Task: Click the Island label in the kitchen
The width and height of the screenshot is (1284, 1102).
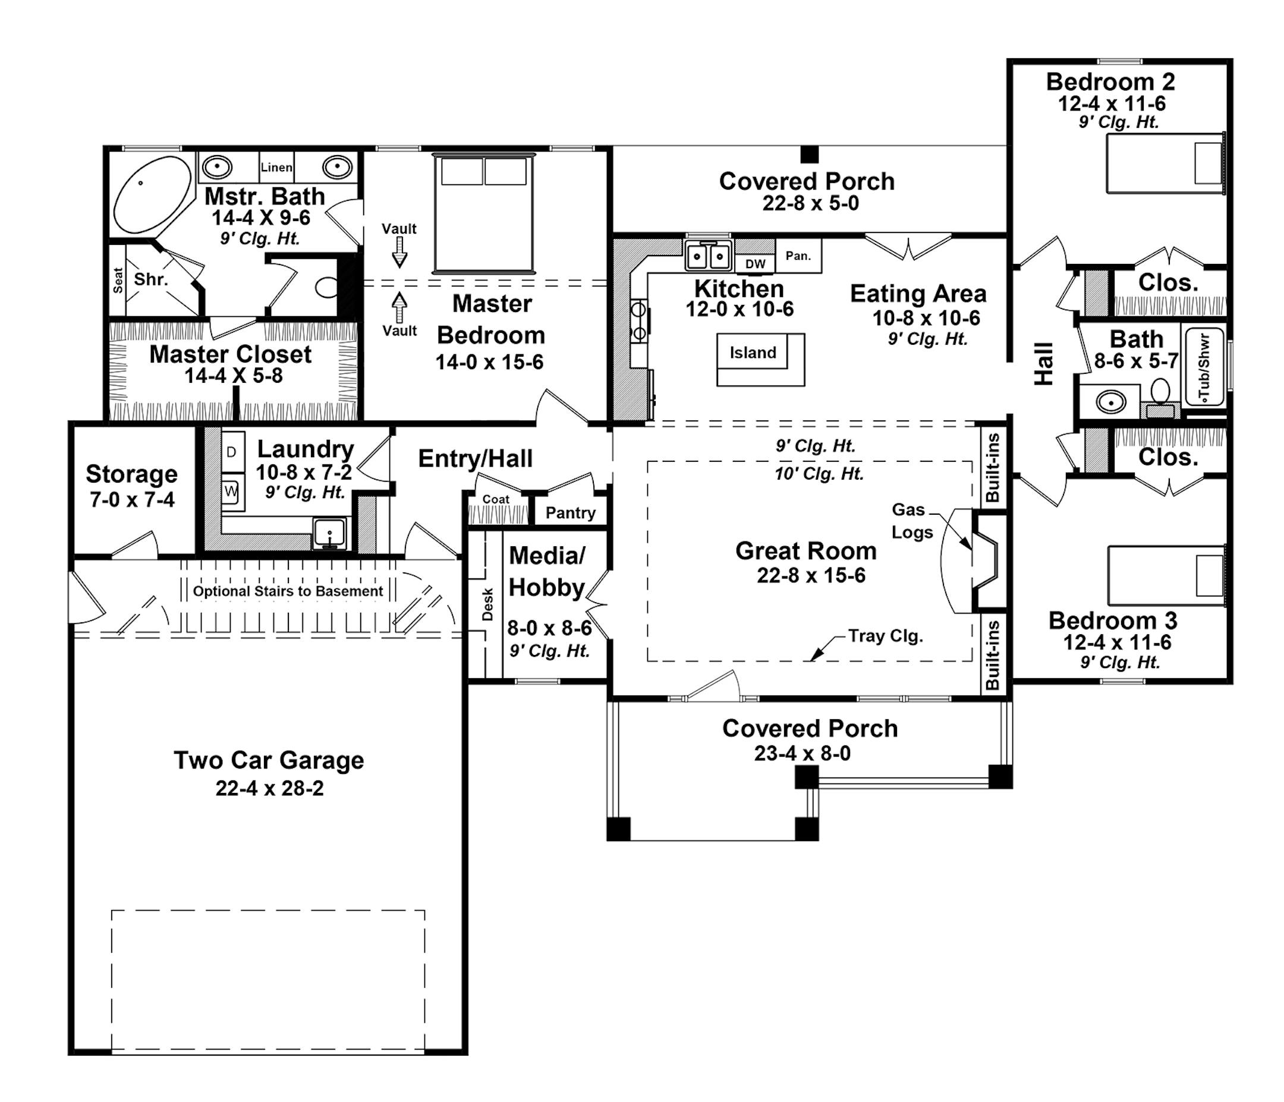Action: pyautogui.click(x=753, y=352)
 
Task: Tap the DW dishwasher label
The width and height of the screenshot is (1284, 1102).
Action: pyautogui.click(x=755, y=263)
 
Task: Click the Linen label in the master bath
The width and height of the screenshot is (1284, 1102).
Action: pyautogui.click(x=276, y=168)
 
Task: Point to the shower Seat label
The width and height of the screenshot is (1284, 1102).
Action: pyautogui.click(x=118, y=281)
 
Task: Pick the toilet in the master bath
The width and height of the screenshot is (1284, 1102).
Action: pyautogui.click(x=327, y=288)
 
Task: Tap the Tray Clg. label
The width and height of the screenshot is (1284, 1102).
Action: pyautogui.click(x=885, y=636)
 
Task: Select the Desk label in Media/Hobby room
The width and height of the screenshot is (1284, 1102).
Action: pyautogui.click(x=487, y=604)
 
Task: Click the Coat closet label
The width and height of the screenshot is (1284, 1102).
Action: pyautogui.click(x=496, y=499)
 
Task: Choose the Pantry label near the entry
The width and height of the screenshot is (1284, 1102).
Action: pyautogui.click(x=570, y=512)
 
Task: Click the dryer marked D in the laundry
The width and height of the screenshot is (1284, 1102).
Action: pyautogui.click(x=231, y=452)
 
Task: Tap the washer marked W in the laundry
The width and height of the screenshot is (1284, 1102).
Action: pyautogui.click(x=231, y=492)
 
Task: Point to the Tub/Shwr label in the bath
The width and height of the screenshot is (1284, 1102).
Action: pyautogui.click(x=1204, y=367)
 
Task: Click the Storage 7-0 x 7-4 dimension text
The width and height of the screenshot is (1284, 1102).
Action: pyautogui.click(x=132, y=499)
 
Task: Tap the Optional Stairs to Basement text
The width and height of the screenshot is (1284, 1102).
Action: pyautogui.click(x=288, y=591)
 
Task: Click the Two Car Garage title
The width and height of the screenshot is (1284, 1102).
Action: pyautogui.click(x=268, y=760)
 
